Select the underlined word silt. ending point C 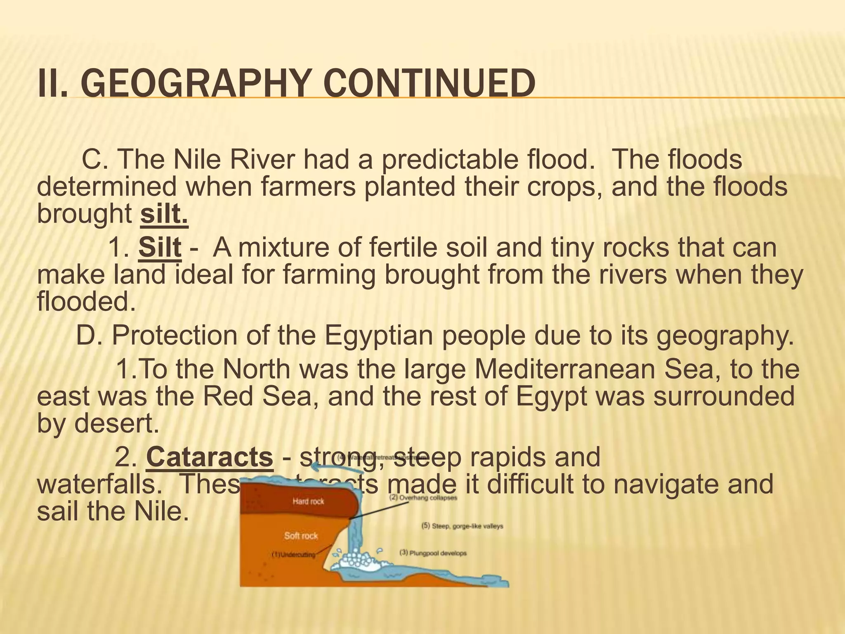(164, 214)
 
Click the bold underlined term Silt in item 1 (160, 248)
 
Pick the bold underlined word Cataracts (210, 457)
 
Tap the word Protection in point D (174, 336)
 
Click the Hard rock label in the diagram (308, 502)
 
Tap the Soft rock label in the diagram (301, 536)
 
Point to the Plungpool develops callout (433, 553)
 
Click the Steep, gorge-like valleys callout (462, 526)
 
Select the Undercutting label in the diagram (293, 554)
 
